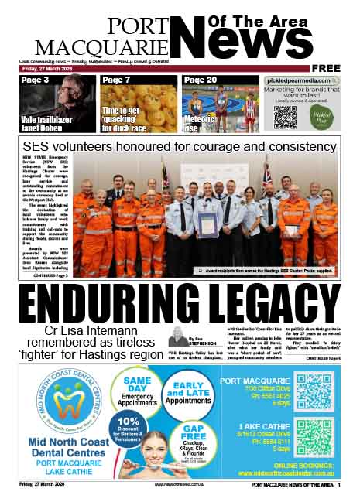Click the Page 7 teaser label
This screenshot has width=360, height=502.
click(116, 80)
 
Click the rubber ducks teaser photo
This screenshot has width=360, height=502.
click(139, 108)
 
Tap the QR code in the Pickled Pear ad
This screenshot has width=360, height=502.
click(285, 118)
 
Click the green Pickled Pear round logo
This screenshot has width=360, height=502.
click(323, 117)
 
